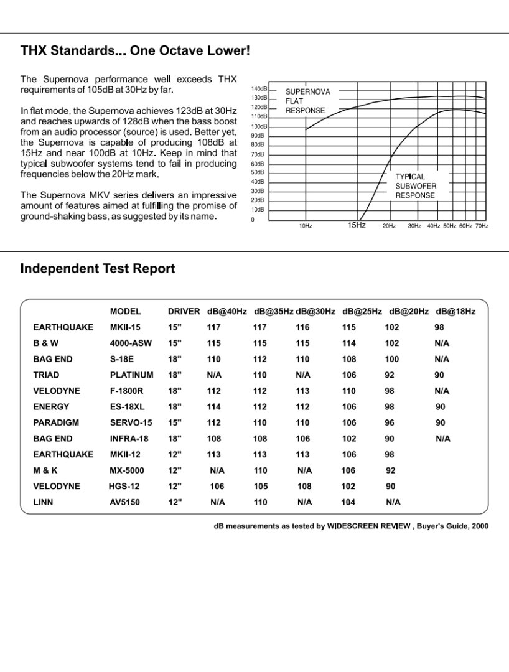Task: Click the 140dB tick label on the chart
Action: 259,88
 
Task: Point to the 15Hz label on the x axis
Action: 356,225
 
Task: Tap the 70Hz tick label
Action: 482,226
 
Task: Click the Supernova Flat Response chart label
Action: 307,101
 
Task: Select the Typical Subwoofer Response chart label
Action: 416,186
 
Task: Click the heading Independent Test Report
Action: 98,269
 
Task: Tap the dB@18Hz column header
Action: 455,311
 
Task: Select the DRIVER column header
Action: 184,311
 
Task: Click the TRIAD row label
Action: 46,375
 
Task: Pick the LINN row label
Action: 43,502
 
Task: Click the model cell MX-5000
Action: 126,470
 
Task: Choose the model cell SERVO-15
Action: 131,422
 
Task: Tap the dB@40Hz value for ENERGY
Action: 214,407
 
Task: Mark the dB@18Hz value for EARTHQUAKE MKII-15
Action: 439,327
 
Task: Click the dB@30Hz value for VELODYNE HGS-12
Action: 304,487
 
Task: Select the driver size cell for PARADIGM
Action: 175,422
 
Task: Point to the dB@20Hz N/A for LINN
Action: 393,502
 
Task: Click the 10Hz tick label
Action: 305,226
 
